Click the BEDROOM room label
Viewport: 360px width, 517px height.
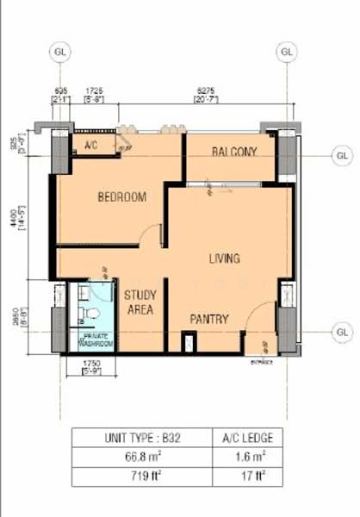pos(121,197)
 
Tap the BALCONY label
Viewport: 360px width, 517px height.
pos(234,153)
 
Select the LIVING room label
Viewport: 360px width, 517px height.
pos(224,258)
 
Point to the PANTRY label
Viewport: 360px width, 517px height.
pos(209,319)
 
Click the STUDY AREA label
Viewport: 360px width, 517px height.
pos(140,302)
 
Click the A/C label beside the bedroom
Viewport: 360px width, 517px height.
pos(91,146)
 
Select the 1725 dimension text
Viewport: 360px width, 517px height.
pos(95,90)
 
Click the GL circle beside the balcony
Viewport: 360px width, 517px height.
pos(342,156)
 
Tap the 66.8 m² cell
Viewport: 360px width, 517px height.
pos(140,456)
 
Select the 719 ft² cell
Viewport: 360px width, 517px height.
pos(140,476)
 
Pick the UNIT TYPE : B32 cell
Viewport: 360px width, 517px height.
pos(140,436)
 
